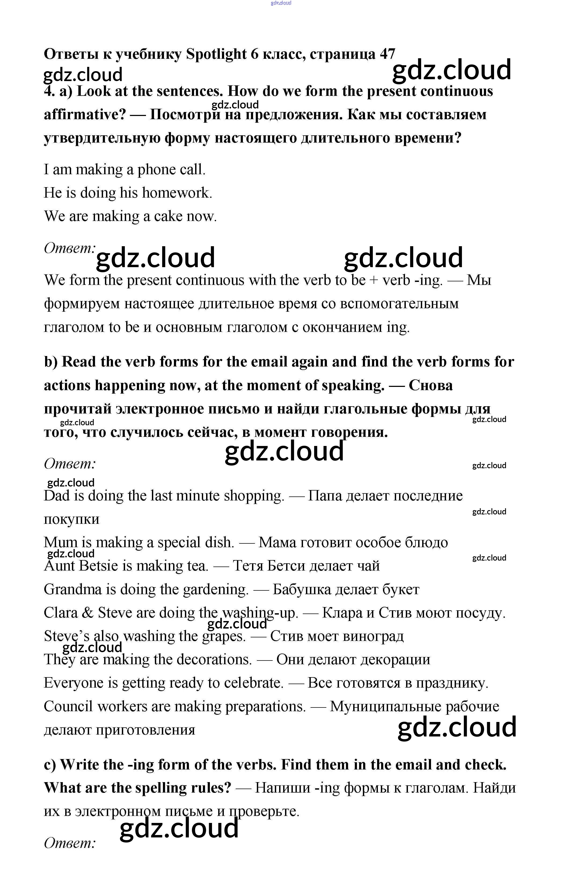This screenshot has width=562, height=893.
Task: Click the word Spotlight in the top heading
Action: [x=216, y=54]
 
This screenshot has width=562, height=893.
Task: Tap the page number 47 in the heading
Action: [x=387, y=54]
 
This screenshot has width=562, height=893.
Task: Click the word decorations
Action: [x=214, y=659]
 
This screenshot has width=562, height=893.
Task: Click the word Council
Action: [x=68, y=706]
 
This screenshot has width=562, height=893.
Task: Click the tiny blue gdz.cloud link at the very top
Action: [x=281, y=3]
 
